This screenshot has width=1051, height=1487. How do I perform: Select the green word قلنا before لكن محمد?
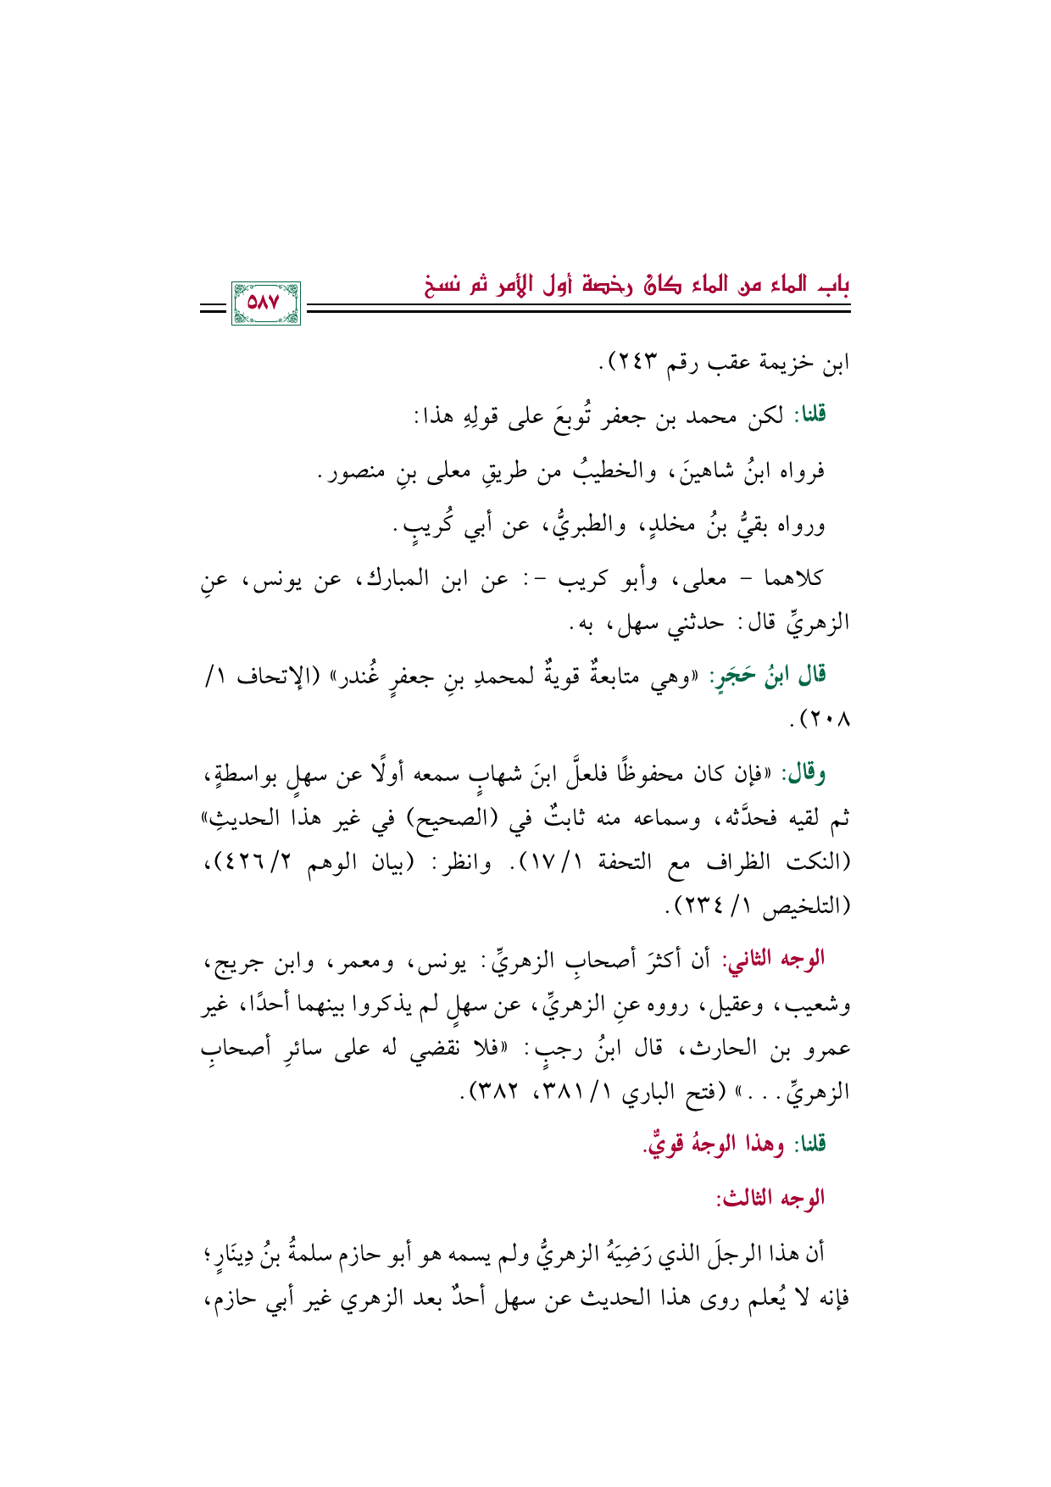[x=809, y=415]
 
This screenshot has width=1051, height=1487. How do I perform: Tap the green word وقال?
[x=808, y=773]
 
